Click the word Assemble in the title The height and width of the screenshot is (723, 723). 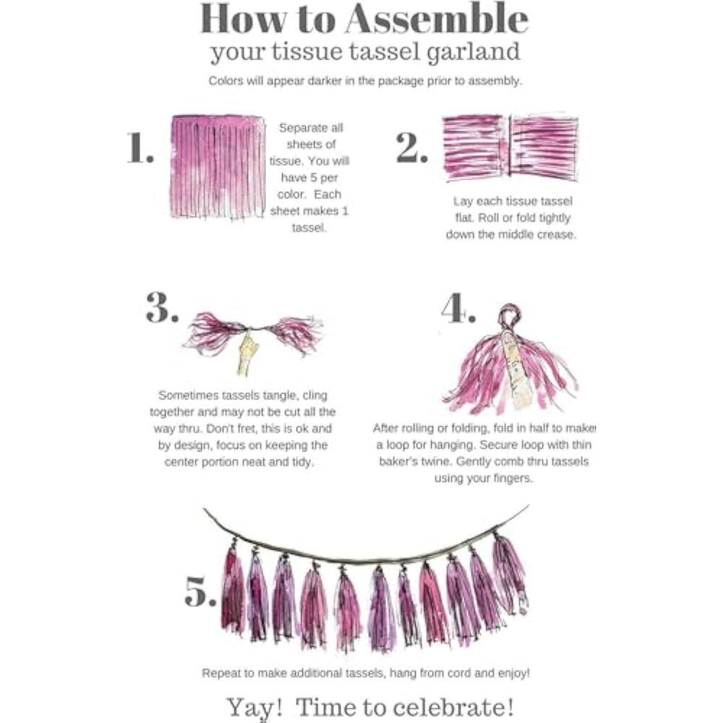(436, 19)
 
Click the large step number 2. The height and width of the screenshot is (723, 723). (411, 147)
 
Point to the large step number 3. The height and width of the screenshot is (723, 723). (162, 307)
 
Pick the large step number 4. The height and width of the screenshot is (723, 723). (458, 307)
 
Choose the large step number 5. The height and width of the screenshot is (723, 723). (200, 591)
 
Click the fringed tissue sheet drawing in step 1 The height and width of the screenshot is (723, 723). (218, 167)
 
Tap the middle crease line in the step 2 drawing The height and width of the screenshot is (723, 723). (510, 146)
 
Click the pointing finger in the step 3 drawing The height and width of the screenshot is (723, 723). (247, 351)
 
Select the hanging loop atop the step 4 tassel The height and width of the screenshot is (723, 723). (509, 316)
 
